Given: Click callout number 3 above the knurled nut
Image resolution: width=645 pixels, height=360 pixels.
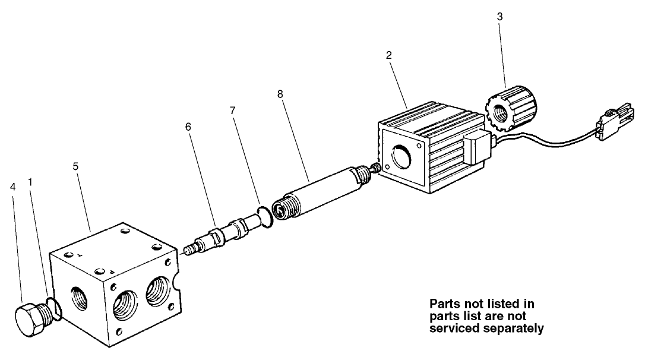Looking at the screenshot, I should point(499,17).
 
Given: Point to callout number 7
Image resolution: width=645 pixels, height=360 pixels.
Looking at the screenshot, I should point(233,110).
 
